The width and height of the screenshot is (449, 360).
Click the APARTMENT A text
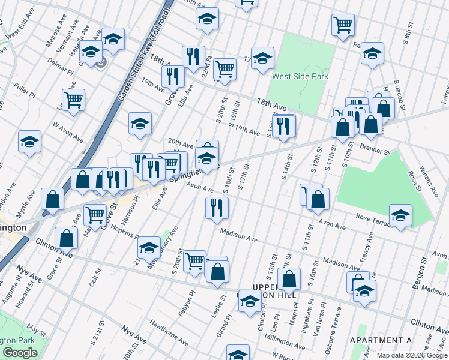(x=380, y=340)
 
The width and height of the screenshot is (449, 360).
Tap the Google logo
(x=20, y=353)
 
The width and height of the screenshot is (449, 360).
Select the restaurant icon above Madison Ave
(x=216, y=208)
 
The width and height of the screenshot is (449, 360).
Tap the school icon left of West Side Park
(x=262, y=58)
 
